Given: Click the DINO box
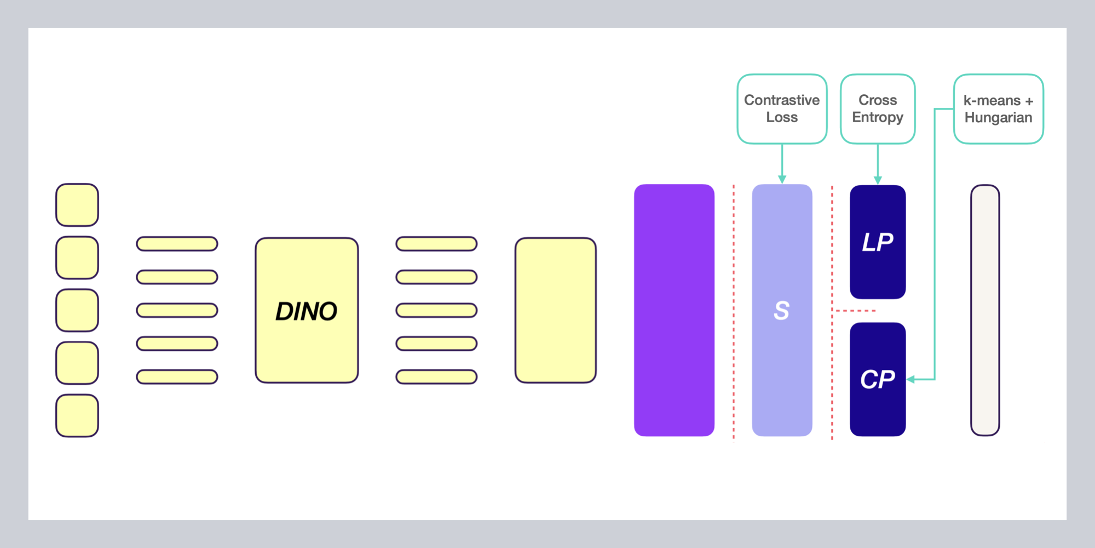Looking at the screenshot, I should click(x=307, y=310).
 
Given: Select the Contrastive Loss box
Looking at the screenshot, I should click(x=782, y=109).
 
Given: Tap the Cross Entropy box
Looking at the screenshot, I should click(x=878, y=109).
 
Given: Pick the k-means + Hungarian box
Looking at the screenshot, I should click(x=998, y=109).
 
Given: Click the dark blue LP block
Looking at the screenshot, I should click(x=878, y=242).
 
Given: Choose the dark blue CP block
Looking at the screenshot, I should click(x=878, y=379).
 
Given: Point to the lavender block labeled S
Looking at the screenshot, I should click(x=782, y=310).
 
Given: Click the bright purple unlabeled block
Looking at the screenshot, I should click(x=674, y=310).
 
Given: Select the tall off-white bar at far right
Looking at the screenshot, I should click(x=985, y=310).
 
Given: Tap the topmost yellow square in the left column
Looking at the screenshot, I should click(x=77, y=205).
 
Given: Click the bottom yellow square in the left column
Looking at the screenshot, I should click(x=77, y=415).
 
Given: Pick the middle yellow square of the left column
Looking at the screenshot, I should click(x=77, y=310).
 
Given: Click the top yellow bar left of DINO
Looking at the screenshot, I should click(x=177, y=244).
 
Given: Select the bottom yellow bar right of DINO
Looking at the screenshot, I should click(x=436, y=377).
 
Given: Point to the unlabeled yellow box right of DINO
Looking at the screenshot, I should click(x=555, y=310).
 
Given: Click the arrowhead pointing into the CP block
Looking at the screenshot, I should click(x=911, y=379).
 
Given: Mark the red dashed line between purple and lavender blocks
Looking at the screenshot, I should click(x=734, y=310).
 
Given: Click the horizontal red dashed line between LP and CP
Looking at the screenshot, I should click(x=854, y=311).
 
